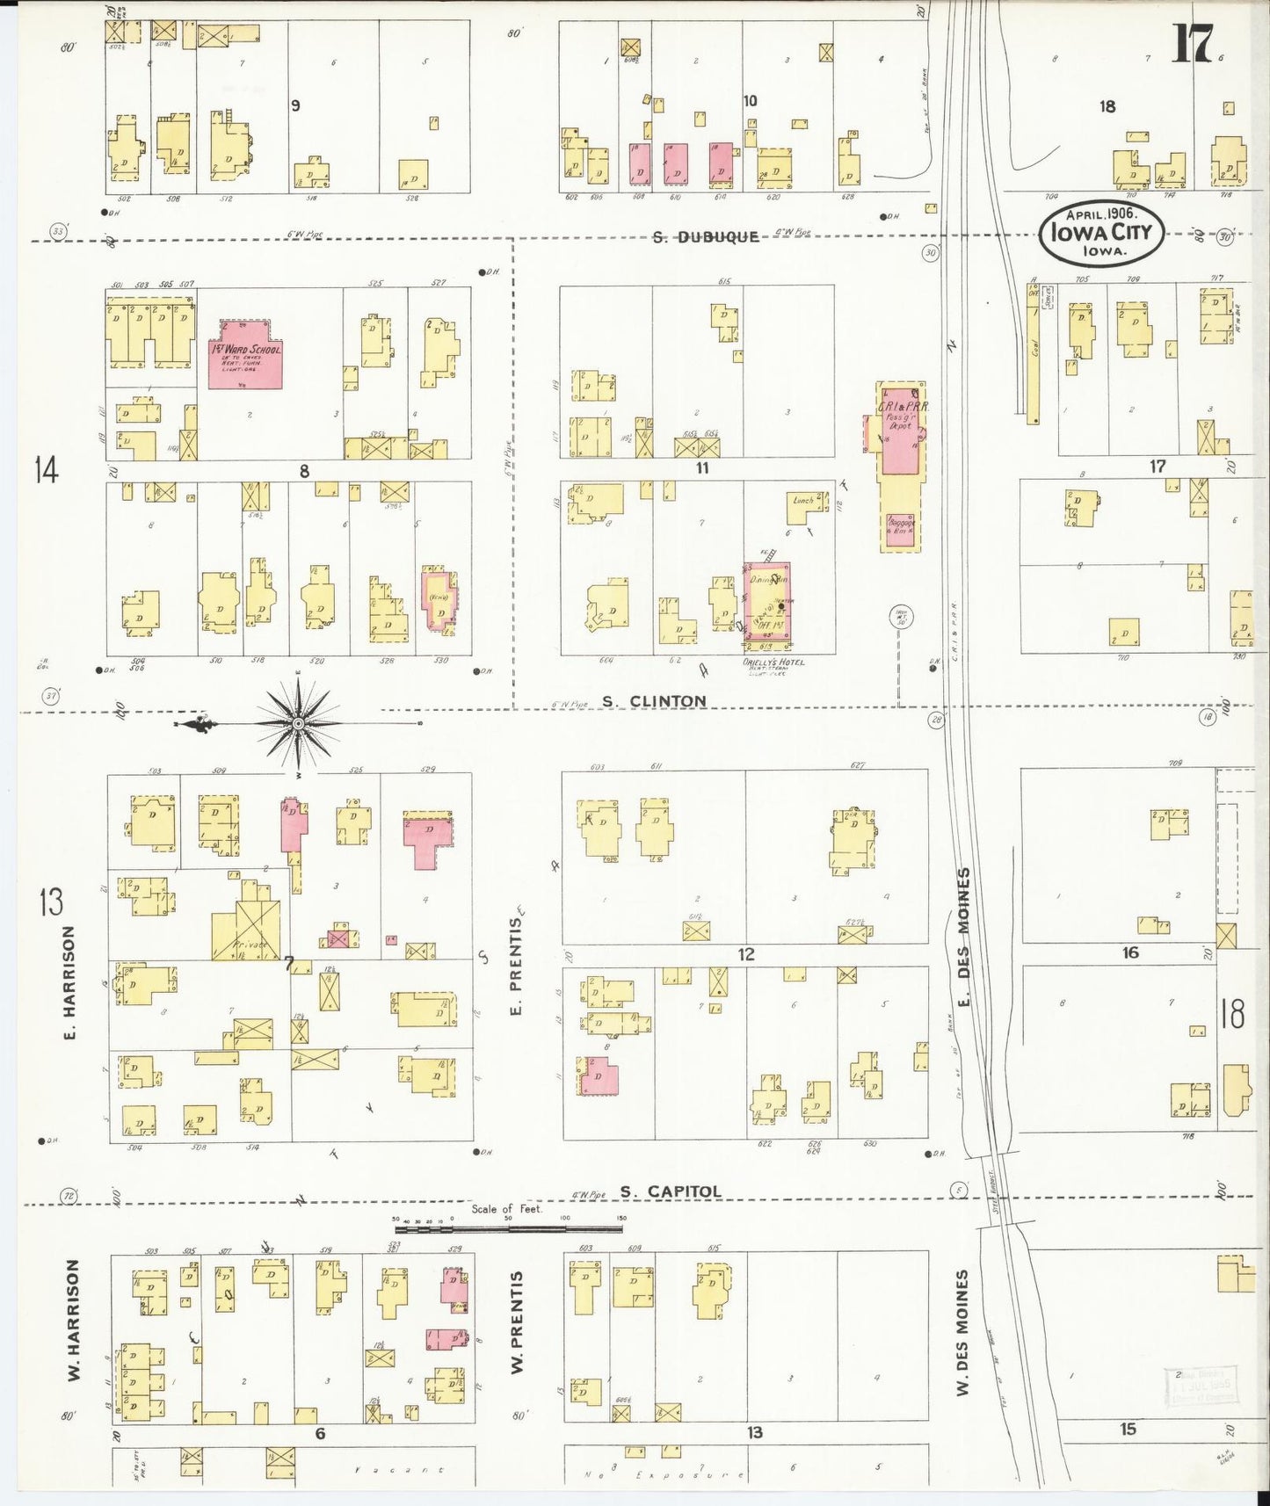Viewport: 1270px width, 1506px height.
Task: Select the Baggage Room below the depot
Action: tap(901, 532)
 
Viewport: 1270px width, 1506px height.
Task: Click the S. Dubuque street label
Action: tap(705, 236)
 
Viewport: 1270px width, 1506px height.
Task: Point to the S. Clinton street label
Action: tap(654, 701)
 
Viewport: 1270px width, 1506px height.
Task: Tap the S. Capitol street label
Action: tap(670, 1191)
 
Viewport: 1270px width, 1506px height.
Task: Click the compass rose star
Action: tap(298, 723)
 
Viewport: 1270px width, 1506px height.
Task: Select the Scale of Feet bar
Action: tap(508, 1228)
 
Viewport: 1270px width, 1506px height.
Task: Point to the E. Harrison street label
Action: tap(69, 982)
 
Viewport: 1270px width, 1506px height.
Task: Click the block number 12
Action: tap(746, 954)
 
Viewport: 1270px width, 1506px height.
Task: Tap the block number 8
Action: tap(304, 471)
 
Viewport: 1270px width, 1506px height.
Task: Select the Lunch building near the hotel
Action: tap(807, 507)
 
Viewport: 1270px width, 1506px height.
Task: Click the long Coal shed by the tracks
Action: tap(1033, 351)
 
